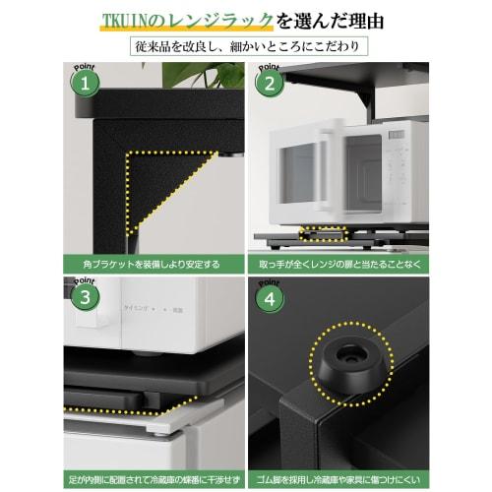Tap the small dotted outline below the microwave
coord(321,232)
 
